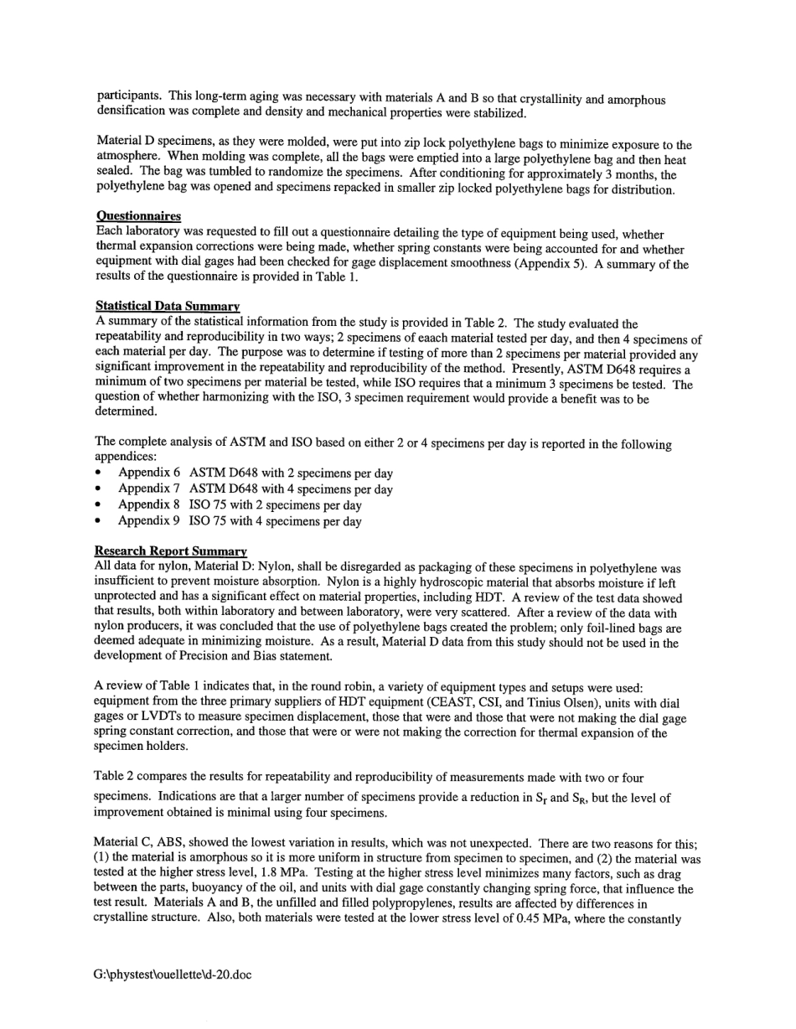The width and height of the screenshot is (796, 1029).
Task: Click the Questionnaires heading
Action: (x=138, y=216)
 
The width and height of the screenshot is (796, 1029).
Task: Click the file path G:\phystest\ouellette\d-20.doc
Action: (x=173, y=975)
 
